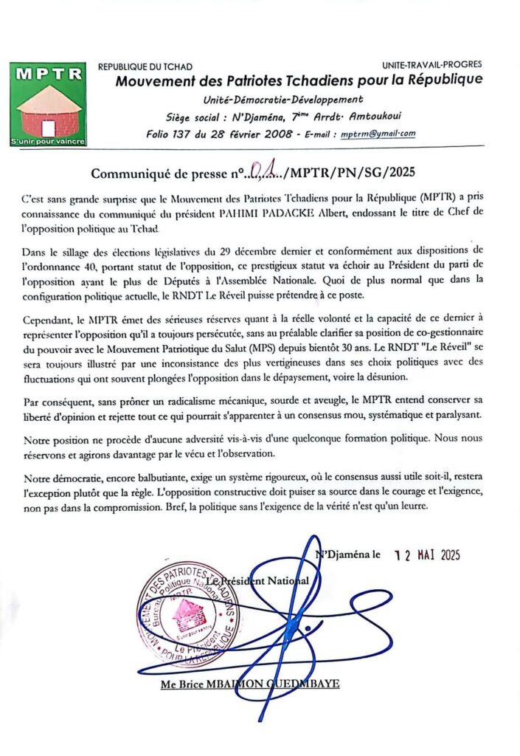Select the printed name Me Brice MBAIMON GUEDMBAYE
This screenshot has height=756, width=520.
pos(250,684)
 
